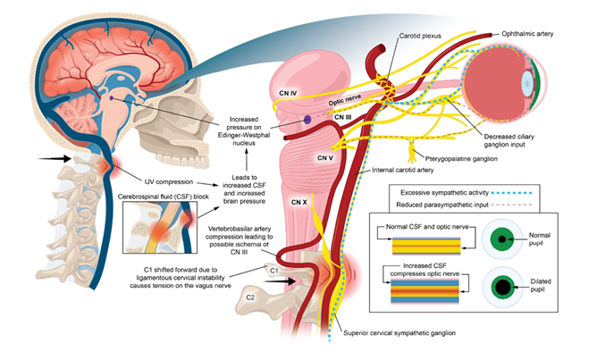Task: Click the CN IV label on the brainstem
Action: pos(288,93)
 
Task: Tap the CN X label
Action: pos(298,202)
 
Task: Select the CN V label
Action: pos(325,157)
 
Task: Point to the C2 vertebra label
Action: pos(249,297)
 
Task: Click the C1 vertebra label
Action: pos(273,270)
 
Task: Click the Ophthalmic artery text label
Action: pos(527,34)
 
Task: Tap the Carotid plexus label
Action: pos(420,36)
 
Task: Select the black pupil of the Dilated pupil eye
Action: pos(502,287)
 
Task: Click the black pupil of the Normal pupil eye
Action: pos(502,239)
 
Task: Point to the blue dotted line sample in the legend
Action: pos(511,193)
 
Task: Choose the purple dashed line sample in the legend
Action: pos(511,205)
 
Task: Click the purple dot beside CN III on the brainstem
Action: pos(307,120)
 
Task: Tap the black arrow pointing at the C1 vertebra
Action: pos(281,281)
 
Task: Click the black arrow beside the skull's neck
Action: pos(54,158)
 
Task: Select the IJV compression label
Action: pos(169,182)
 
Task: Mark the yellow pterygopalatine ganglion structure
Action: pos(412,151)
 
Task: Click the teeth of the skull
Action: pos(189,153)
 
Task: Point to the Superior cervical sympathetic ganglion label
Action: pos(399,333)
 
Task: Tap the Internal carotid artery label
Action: pos(403,170)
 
